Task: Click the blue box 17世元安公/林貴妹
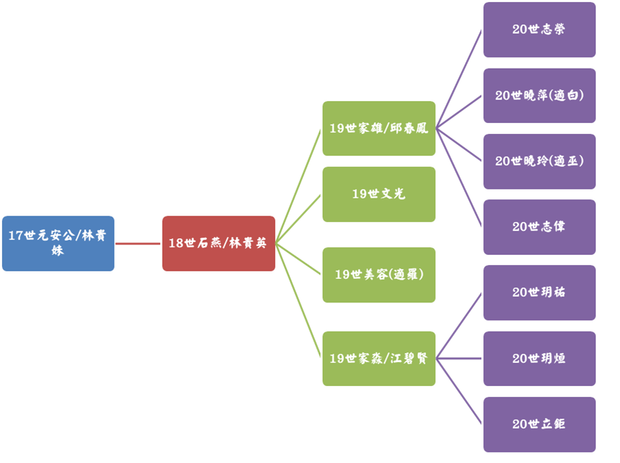coord(58,243)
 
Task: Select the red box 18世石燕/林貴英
coord(218,243)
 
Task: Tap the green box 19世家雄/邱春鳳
coord(379,128)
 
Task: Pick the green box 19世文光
coord(379,194)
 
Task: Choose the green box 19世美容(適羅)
coord(379,275)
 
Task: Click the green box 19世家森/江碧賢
coord(379,358)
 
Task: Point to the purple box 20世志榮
coord(539,30)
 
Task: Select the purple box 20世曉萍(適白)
coord(539,95)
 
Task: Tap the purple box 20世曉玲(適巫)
coord(539,161)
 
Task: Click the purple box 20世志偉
coord(539,227)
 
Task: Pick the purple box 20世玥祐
coord(539,293)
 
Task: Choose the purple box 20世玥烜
coord(539,358)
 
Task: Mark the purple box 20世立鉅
coord(539,424)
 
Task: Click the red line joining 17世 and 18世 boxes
coord(138,243)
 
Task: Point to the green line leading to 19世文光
coord(299,219)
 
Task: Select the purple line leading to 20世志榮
coord(459,80)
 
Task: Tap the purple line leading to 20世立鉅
coord(459,391)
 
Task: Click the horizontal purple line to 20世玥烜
coord(459,358)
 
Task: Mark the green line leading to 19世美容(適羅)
coord(299,259)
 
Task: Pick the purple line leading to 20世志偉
coord(459,177)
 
